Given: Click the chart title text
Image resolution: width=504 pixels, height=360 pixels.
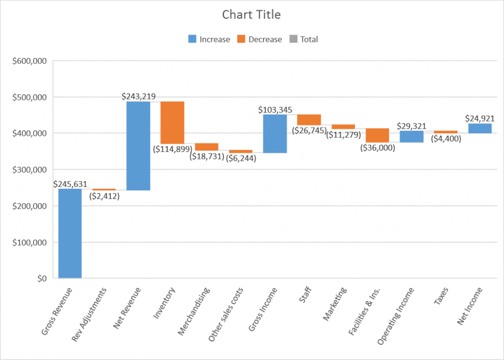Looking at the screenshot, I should pyautogui.click(x=252, y=15).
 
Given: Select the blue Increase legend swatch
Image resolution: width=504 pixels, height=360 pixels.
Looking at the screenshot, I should pyautogui.click(x=192, y=39).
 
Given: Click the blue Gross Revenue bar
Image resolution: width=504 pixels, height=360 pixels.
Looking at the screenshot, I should pyautogui.click(x=70, y=234).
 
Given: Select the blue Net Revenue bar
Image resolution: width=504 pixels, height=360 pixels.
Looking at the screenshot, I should pyautogui.click(x=138, y=146).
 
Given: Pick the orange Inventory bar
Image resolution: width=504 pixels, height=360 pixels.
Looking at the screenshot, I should pyautogui.click(x=172, y=122).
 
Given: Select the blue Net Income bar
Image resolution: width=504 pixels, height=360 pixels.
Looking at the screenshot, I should pyautogui.click(x=480, y=128).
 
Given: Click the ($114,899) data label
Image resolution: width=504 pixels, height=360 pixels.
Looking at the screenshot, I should pyautogui.click(x=172, y=149).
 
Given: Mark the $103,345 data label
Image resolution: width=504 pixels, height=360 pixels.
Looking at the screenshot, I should pyautogui.click(x=275, y=109).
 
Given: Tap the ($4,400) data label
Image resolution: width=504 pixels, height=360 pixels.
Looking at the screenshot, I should pyautogui.click(x=445, y=139).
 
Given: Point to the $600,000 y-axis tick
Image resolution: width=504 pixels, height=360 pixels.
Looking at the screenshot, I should pyautogui.click(x=30, y=61).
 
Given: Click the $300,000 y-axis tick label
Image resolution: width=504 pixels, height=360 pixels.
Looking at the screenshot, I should pyautogui.click(x=30, y=170).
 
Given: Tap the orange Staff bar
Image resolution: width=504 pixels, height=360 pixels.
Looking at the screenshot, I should pyautogui.click(x=309, y=120).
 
